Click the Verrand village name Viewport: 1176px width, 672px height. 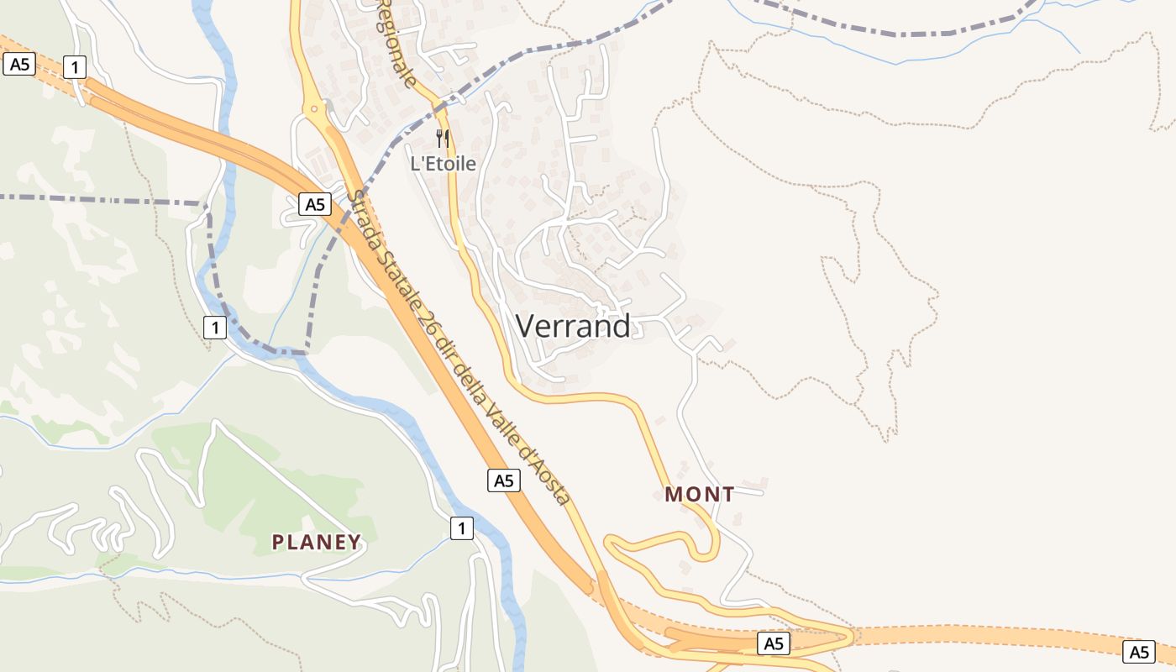click(573, 326)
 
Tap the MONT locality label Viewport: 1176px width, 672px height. click(700, 495)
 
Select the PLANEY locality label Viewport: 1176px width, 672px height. click(317, 543)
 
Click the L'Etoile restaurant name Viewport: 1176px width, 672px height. click(443, 164)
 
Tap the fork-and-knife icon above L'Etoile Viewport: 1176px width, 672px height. click(443, 139)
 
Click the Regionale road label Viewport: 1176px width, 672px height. click(396, 42)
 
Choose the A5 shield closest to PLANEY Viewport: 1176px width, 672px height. click(503, 480)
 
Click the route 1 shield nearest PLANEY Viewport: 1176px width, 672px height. click(461, 528)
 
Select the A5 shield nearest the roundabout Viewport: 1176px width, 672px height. click(314, 204)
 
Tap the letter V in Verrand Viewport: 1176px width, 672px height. click(525, 326)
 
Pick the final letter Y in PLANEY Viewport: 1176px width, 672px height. click(355, 543)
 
